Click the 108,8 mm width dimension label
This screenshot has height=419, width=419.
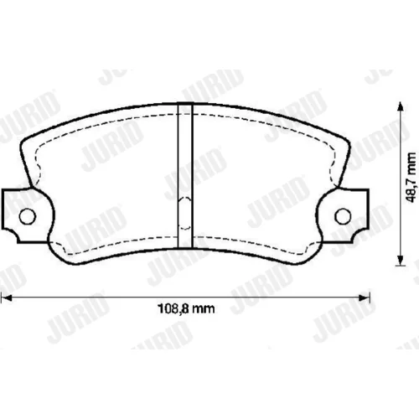pos(187,308)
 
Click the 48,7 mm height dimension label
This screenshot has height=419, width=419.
pos(411,178)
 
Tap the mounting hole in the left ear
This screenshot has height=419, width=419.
pos(28,216)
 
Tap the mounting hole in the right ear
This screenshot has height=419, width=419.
pos(343,216)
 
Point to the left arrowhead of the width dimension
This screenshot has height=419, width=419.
pos(6,298)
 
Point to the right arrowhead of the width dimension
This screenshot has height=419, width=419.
pos(365,297)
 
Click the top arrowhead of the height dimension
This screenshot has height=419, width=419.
pos(401,106)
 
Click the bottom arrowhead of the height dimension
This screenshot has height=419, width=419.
pos(401,260)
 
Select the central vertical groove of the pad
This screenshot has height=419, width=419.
pos(185,175)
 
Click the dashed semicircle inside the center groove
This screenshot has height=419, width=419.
pos(185,213)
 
